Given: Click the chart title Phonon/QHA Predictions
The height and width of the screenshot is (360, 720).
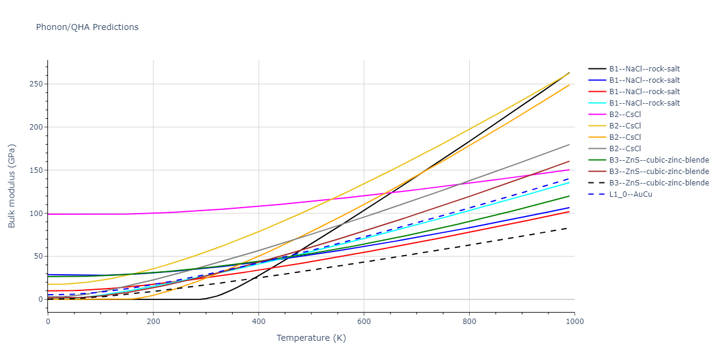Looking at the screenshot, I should click(x=87, y=27).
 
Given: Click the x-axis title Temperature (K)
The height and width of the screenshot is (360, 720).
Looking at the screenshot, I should click(x=311, y=338).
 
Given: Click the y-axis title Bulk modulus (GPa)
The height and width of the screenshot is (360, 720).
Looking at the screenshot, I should click(x=12, y=185).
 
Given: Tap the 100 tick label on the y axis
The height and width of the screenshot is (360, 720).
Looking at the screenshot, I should click(x=37, y=213).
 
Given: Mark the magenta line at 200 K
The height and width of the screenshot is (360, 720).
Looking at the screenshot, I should click(x=153, y=213).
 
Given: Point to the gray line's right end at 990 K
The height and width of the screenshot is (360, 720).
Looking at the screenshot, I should click(x=569, y=145).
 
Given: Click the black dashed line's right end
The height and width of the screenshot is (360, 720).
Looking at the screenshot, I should click(x=569, y=228).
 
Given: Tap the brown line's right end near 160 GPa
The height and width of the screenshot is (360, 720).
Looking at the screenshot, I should click(x=569, y=161).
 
